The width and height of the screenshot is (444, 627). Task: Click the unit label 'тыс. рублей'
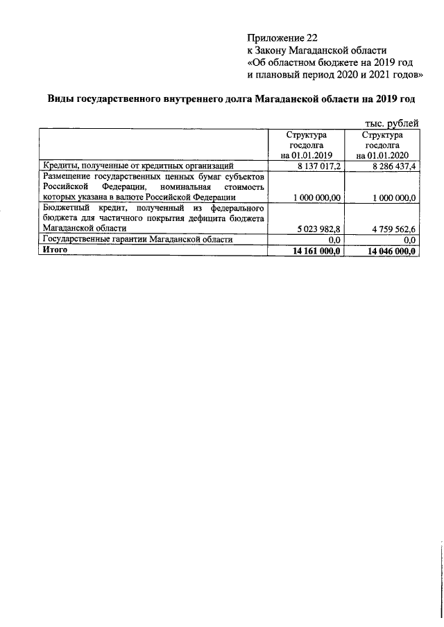389,123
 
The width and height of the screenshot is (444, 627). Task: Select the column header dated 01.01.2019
307,145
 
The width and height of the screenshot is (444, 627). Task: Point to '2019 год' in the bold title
400,99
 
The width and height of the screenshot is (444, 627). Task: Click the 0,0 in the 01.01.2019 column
332,240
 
